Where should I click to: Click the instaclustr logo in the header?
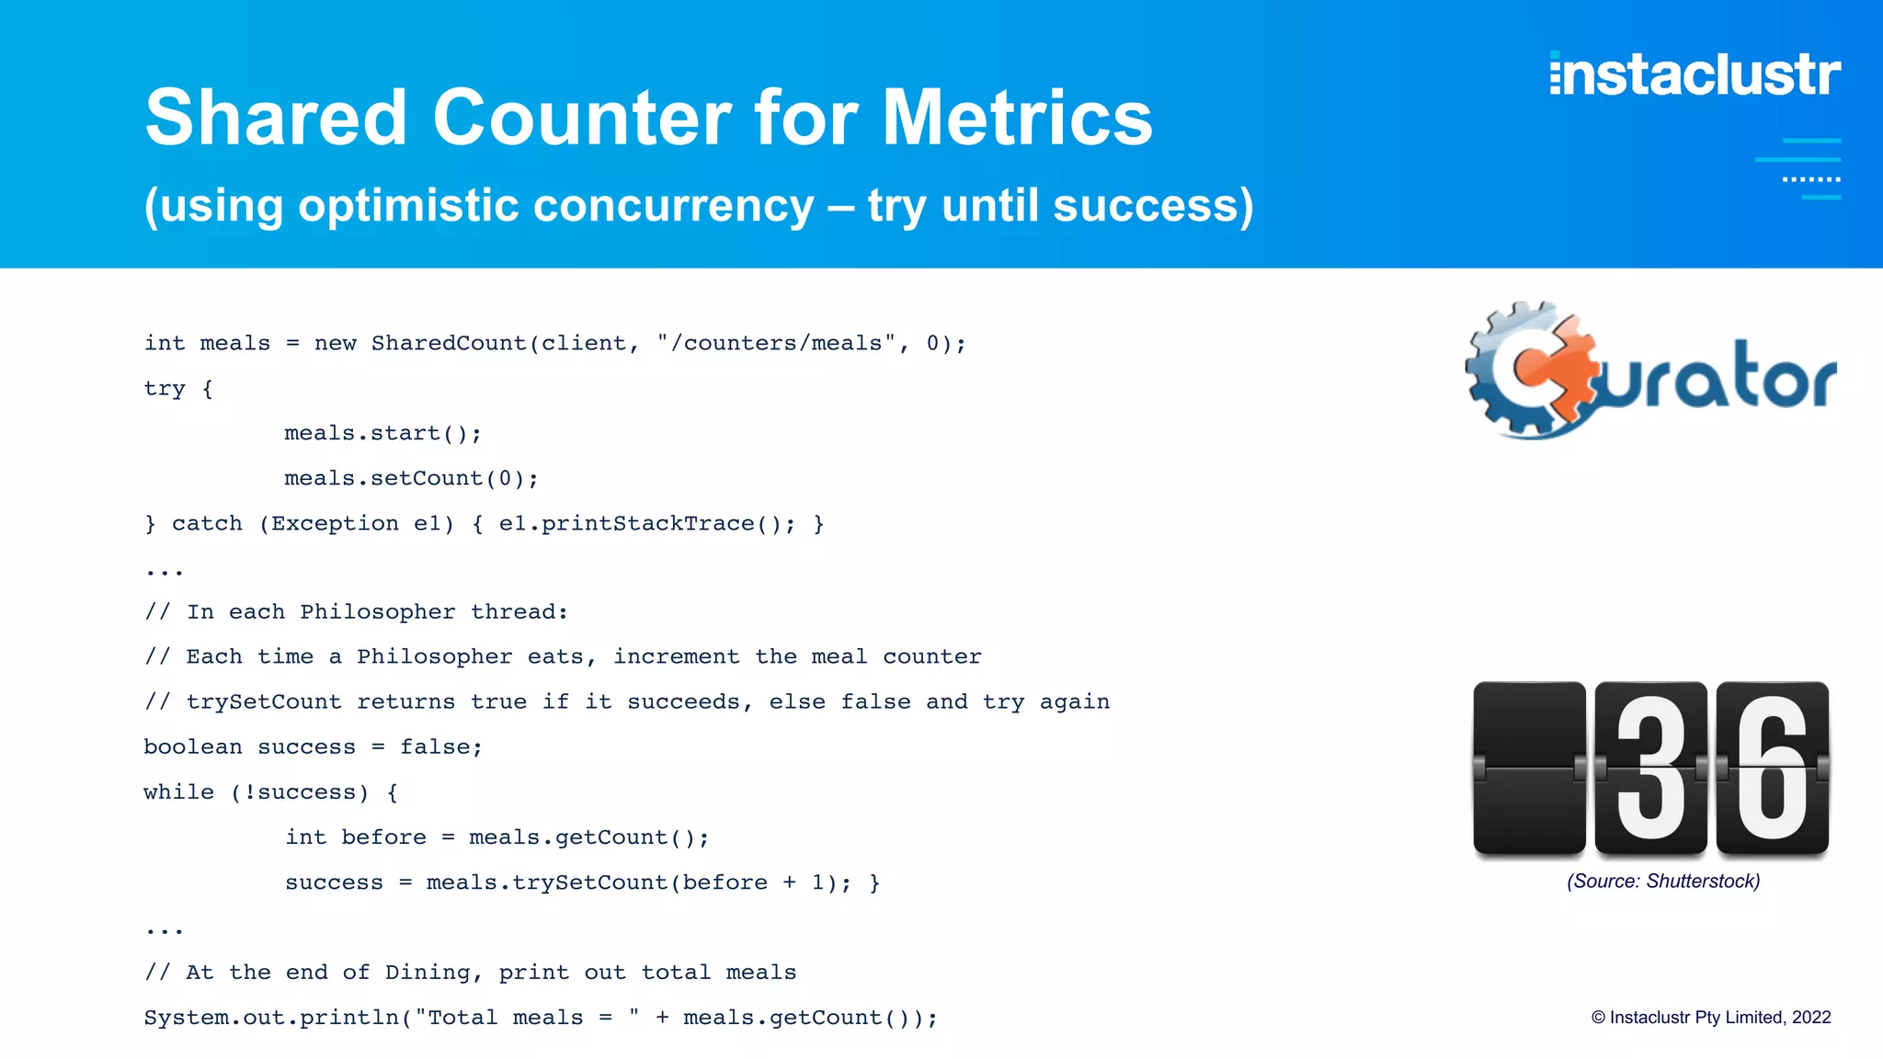1695,74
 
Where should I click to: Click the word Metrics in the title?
1017,118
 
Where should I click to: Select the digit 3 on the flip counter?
1650,768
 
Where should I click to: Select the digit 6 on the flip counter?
1772,768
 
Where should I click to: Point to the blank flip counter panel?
1528,768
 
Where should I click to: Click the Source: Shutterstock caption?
1663,881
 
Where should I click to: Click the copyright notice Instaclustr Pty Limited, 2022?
1711,1017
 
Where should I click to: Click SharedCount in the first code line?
449,343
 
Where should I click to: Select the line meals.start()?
382,433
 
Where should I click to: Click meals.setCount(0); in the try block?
411,478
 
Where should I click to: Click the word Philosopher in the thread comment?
377,612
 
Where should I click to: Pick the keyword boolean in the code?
193,746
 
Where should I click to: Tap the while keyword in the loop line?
178,792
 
